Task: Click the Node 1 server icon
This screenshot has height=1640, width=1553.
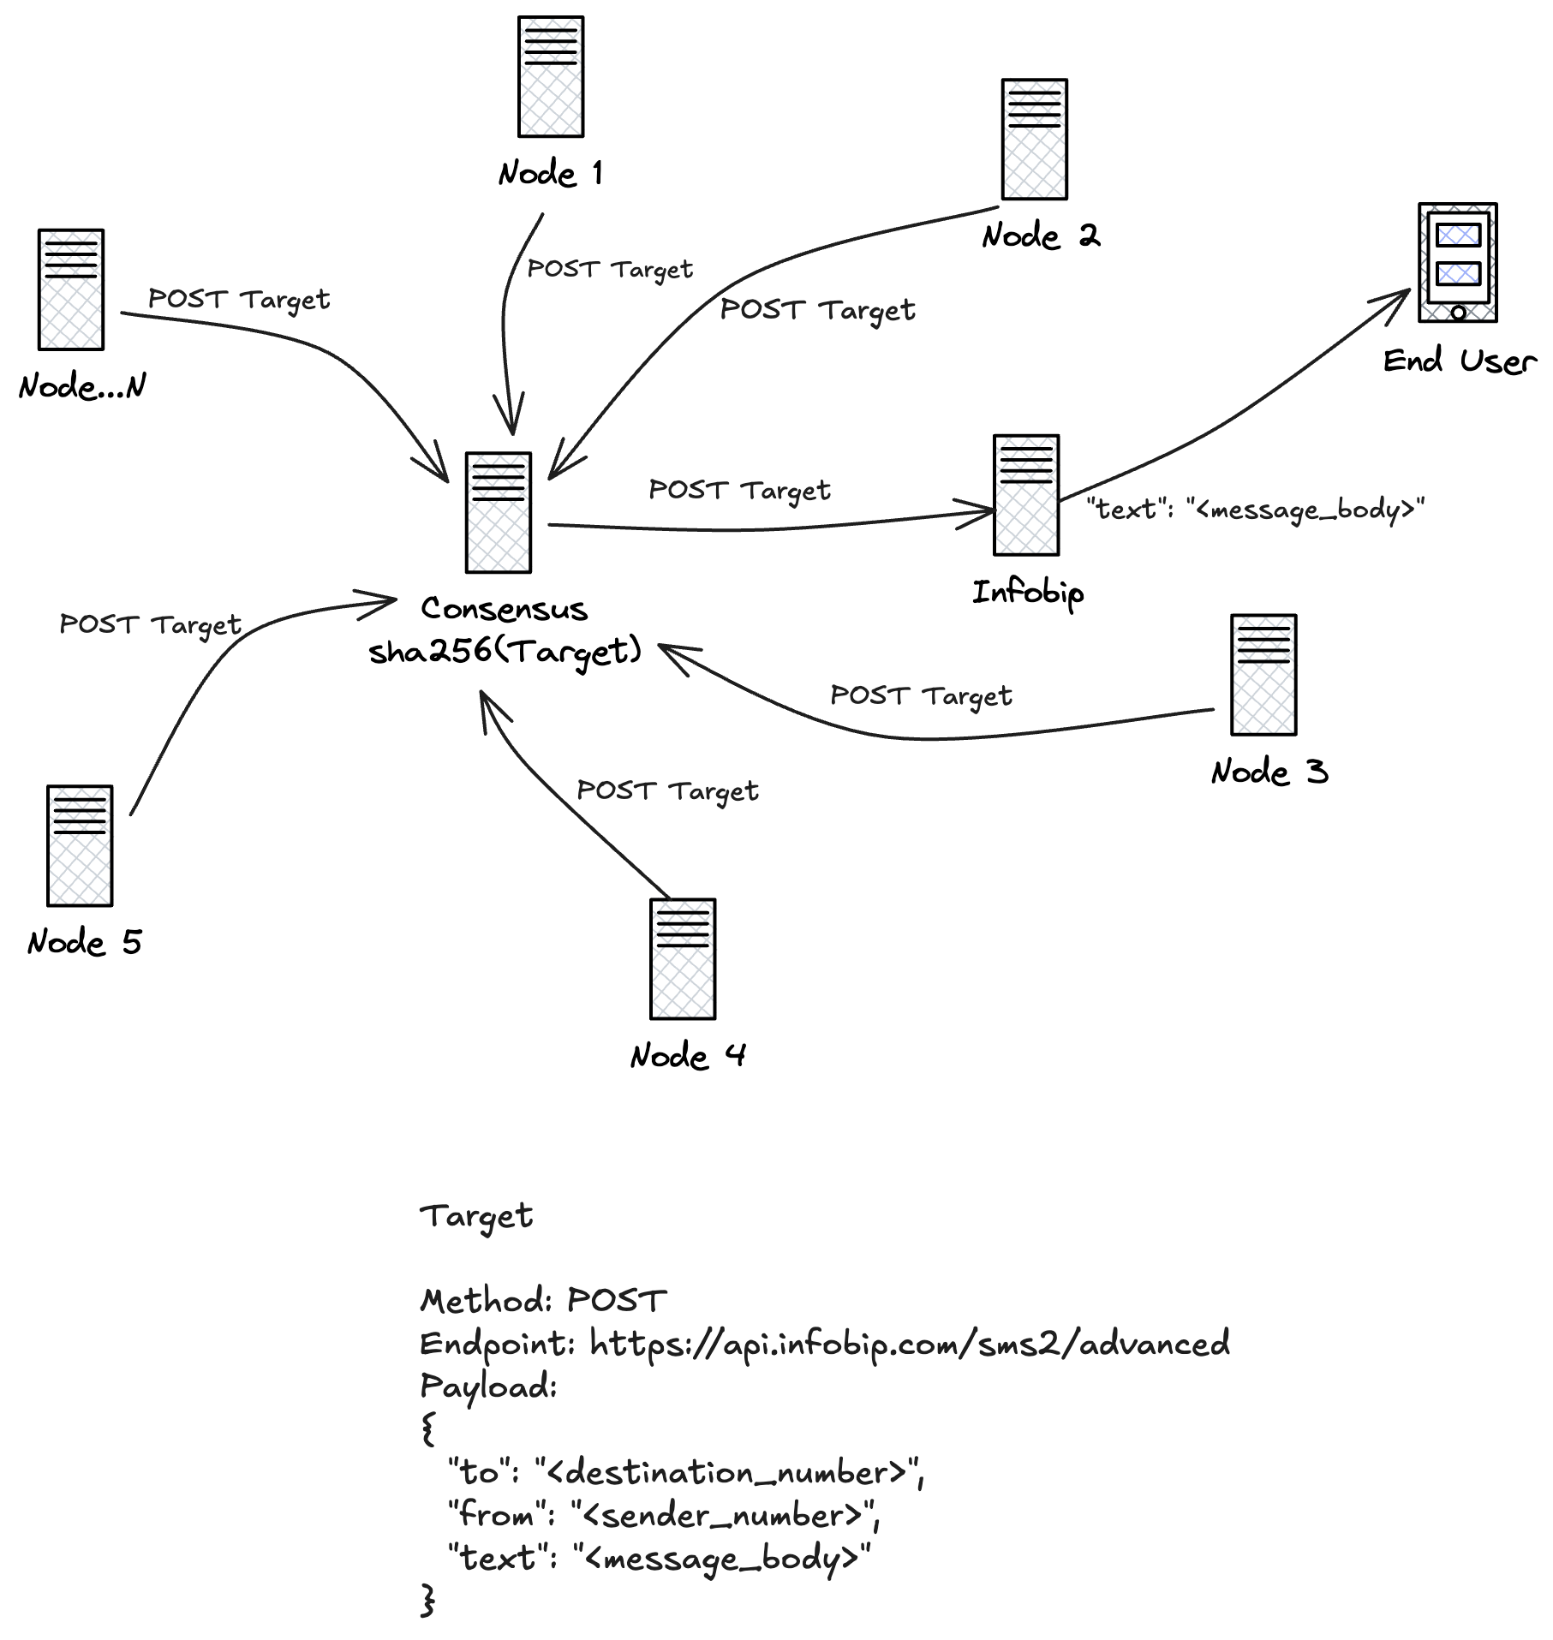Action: pos(551,76)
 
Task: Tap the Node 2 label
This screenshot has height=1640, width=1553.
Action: pos(1041,236)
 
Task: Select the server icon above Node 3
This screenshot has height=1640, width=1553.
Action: pos(1263,675)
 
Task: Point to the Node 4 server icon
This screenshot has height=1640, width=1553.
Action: pos(683,959)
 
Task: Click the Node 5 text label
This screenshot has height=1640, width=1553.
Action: pos(84,942)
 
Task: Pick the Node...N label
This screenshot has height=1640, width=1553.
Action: pos(82,386)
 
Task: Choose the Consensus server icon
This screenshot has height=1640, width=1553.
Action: pos(499,512)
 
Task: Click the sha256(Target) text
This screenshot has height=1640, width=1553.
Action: pos(505,652)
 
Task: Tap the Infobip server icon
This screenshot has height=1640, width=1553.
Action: pos(1026,495)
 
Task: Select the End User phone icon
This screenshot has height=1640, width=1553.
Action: pos(1458,262)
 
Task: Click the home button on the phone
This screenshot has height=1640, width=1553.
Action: pos(1458,313)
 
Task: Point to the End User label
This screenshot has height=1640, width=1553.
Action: pos(1460,361)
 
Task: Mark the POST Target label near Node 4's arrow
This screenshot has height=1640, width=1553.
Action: pos(667,790)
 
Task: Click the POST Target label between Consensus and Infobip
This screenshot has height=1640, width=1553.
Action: pos(739,490)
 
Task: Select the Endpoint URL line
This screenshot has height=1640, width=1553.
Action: pos(824,1344)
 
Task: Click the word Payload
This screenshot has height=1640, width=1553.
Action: pos(488,1387)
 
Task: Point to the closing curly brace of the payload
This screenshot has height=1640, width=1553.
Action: pos(428,1600)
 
